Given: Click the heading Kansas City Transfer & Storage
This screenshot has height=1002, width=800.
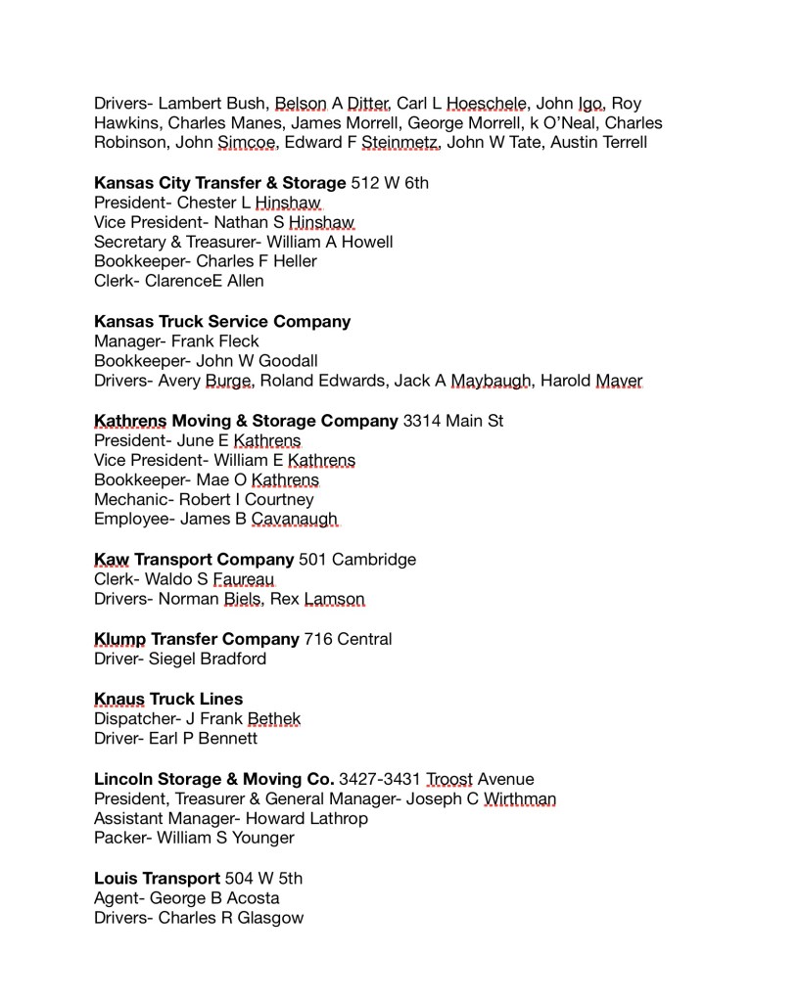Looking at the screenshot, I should [x=220, y=182].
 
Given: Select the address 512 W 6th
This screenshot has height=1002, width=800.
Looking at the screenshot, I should [x=390, y=182].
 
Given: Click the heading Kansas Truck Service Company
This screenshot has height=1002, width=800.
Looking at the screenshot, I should [x=222, y=321].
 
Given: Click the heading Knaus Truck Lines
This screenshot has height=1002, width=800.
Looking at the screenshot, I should [x=168, y=699].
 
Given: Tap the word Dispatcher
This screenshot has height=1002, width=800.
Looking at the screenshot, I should [x=133, y=719].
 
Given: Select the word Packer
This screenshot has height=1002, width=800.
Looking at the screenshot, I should [x=120, y=839].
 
